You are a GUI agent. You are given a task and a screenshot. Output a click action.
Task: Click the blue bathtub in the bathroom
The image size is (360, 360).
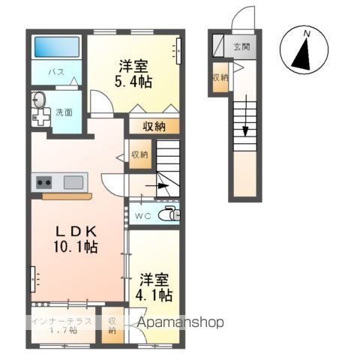(x=58, y=48)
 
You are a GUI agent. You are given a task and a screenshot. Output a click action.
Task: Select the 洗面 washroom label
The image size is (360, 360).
(x=64, y=112)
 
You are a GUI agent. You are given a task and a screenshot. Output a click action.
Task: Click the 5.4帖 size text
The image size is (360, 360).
(x=135, y=81)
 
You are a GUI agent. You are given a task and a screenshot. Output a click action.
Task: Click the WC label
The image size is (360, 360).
(x=142, y=215)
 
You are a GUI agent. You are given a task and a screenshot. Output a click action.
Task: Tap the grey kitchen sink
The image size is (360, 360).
(x=73, y=181)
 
